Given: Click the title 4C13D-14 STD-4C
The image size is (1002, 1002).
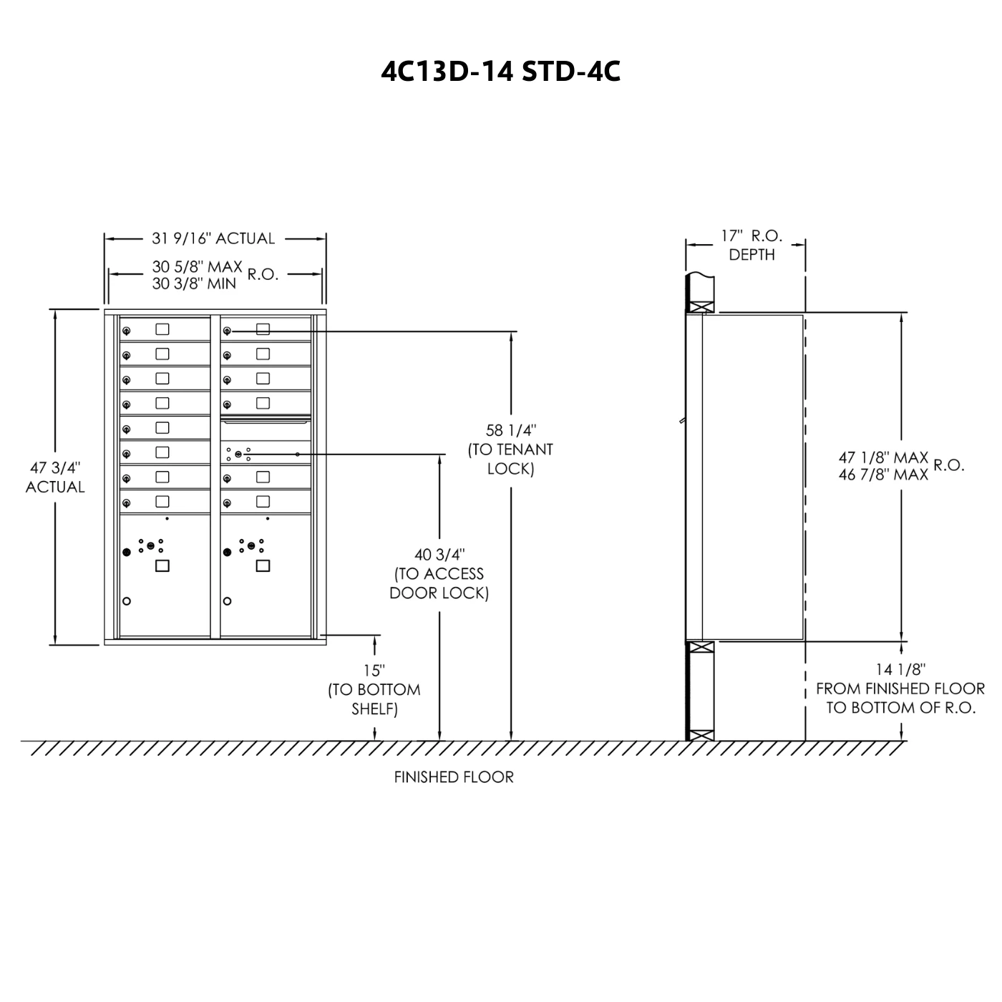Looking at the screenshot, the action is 500,72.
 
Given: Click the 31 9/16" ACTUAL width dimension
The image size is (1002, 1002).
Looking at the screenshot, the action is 213,238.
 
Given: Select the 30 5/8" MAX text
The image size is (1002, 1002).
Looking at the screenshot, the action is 197,266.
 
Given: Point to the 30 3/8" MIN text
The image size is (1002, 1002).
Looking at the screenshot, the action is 194,283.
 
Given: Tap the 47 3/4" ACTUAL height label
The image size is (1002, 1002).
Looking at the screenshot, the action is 55,477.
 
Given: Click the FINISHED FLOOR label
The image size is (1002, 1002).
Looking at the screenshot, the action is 454,777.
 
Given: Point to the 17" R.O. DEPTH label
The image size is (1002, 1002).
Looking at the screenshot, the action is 751,245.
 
